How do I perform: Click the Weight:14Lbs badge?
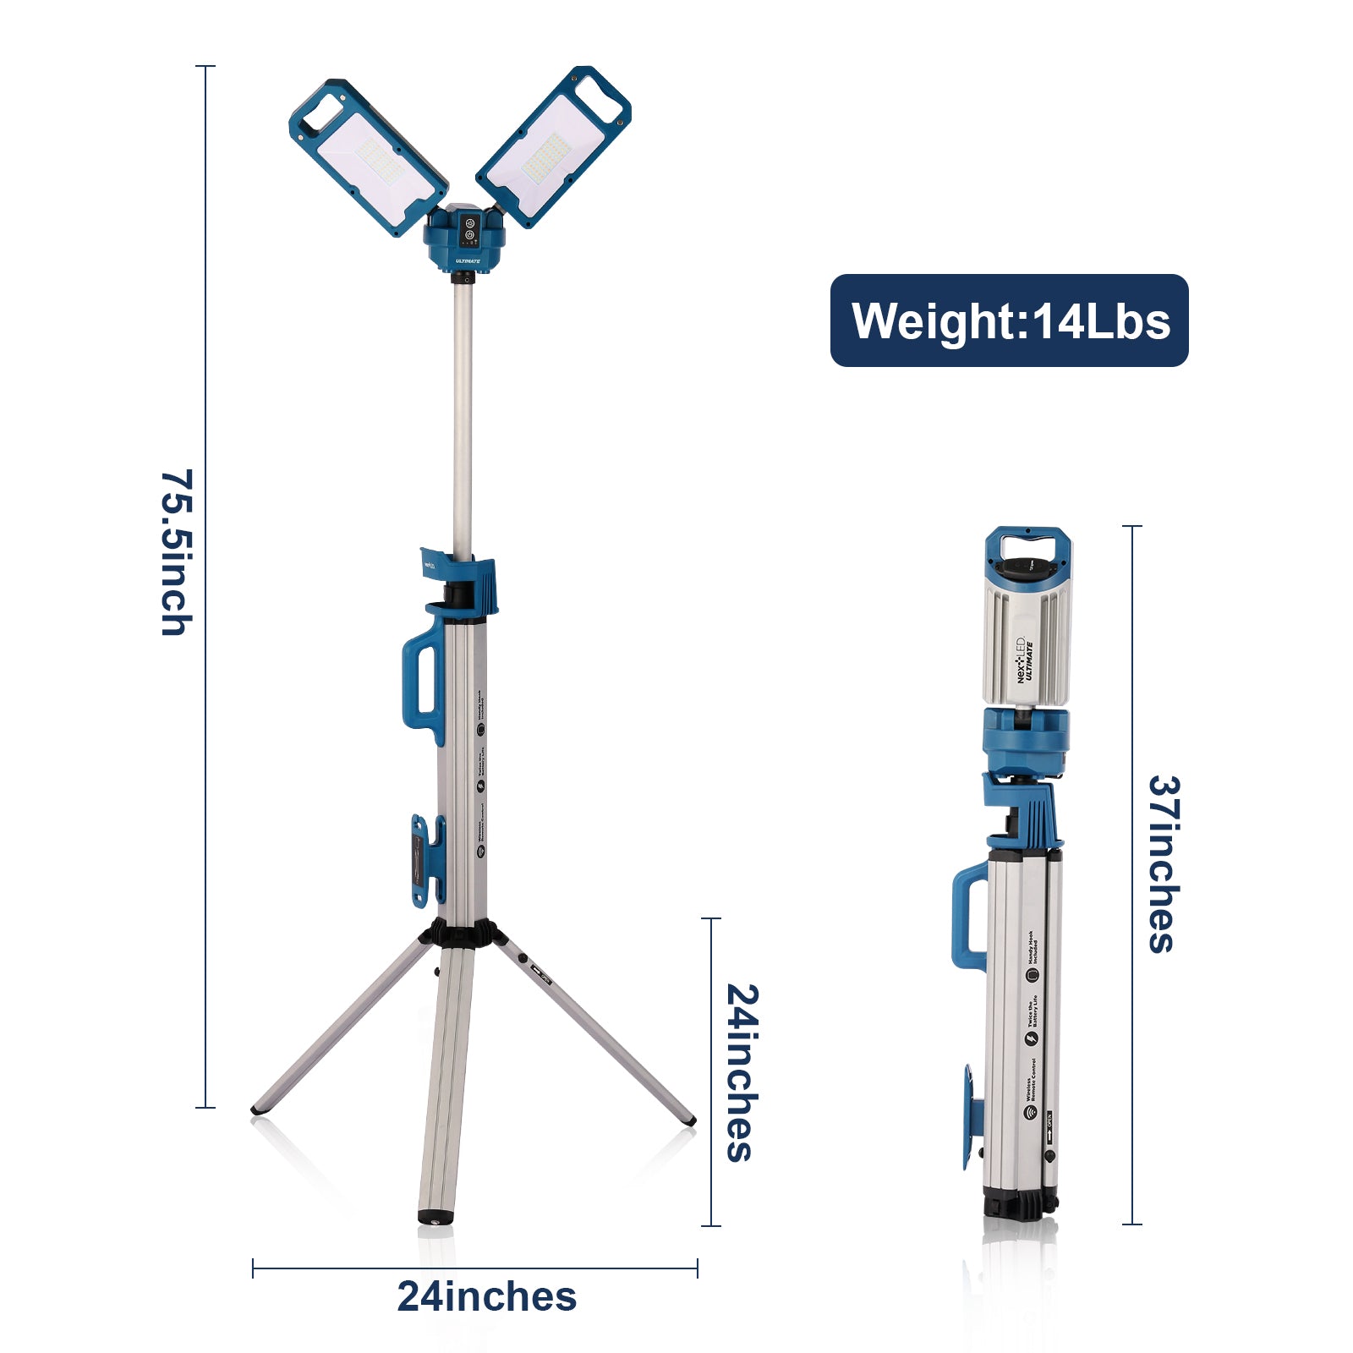pos(1009,320)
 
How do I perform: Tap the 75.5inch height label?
pos(176,551)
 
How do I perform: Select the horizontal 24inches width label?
pos(486,1296)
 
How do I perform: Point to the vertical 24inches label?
pos(741,1071)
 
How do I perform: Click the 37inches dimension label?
pos(1164,863)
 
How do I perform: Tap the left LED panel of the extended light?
pos(368,157)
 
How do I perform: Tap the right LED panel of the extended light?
pos(553,147)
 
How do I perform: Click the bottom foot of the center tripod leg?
pos(435,1217)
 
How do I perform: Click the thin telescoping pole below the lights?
pos(462,414)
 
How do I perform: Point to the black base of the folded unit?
pos(1020,1201)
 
